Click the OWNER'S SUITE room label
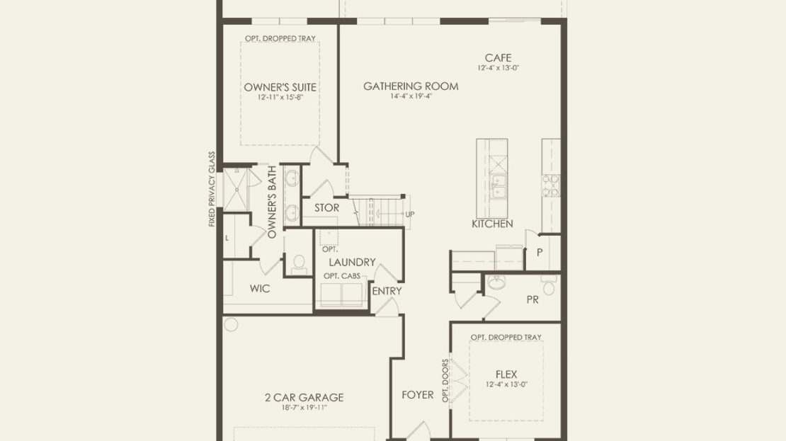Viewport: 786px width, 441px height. tap(280, 87)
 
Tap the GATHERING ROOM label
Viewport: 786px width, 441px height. tap(411, 86)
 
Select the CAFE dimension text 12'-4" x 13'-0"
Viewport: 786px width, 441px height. tap(498, 68)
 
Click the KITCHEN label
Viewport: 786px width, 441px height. tap(492, 224)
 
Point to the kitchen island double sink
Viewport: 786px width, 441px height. tap(498, 186)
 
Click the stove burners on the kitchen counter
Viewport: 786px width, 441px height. tap(551, 185)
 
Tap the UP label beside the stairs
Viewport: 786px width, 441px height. tap(409, 214)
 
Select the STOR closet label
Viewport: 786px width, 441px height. tap(327, 207)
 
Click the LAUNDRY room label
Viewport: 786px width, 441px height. tap(352, 262)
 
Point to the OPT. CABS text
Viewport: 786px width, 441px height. tap(342, 276)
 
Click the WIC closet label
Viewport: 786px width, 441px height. tap(260, 289)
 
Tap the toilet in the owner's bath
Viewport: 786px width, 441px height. tap(299, 265)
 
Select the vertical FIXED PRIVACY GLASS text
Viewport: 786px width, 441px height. tap(212, 189)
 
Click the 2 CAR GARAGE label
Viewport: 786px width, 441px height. tap(304, 397)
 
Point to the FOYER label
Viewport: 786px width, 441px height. tap(418, 395)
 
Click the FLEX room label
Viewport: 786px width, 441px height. tap(506, 374)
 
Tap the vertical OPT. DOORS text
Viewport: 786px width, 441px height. tap(445, 381)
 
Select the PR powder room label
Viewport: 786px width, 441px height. tap(532, 299)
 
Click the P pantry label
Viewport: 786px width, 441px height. tap(540, 253)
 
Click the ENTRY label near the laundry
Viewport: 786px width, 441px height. tap(387, 291)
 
